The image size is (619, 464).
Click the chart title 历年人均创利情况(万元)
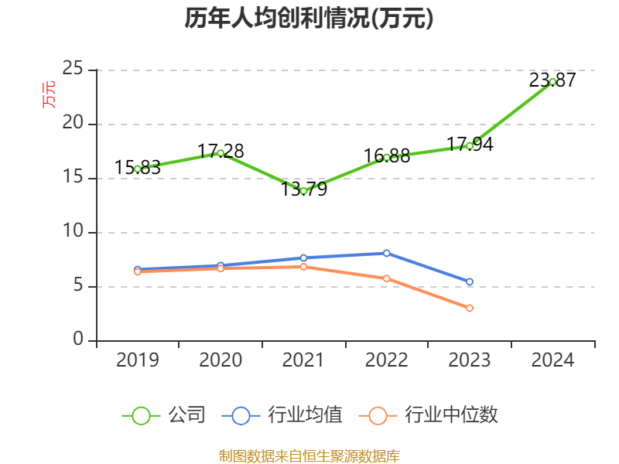(x=309, y=19)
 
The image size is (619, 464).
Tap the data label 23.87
(x=552, y=80)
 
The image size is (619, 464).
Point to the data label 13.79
(x=303, y=189)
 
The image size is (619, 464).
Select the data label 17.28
(x=221, y=152)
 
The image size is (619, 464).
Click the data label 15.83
(x=138, y=167)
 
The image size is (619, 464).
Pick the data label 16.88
(x=387, y=155)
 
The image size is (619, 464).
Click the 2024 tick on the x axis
(x=552, y=360)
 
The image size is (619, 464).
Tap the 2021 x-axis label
(x=303, y=360)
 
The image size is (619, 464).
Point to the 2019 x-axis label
(x=138, y=360)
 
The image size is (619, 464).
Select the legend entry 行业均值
(x=282, y=415)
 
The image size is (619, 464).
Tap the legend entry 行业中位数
(x=429, y=415)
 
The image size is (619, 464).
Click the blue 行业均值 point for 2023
(x=470, y=281)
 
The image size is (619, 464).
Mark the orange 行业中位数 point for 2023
(x=470, y=308)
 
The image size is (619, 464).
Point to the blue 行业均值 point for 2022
(x=387, y=253)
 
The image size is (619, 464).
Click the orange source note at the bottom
(x=309, y=455)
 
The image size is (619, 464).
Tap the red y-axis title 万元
(x=49, y=95)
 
